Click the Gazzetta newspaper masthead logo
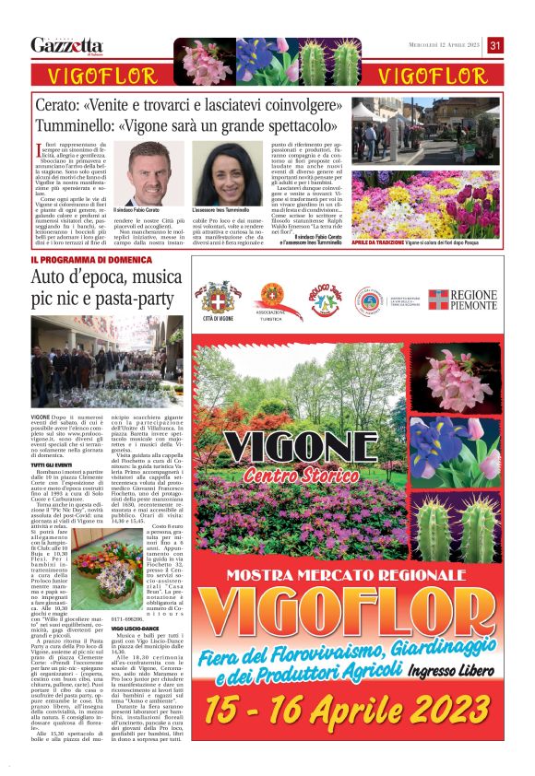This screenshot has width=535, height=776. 66,45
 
